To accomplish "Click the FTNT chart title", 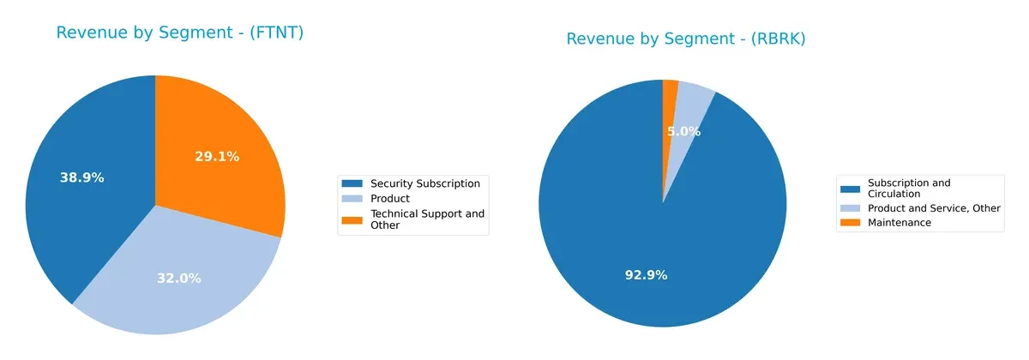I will coord(180,33).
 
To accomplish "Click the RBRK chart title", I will coord(686,39).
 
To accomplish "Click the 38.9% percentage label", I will coord(81,178).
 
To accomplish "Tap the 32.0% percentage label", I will coord(178,278).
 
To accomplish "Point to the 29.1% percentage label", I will coord(217,157).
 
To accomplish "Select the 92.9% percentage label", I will coord(645,275).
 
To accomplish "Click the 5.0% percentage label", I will coord(683,132).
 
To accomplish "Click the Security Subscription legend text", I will coord(424,183).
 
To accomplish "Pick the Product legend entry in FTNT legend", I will coord(389,199).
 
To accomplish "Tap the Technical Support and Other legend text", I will coord(427,219).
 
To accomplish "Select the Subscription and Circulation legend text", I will coord(909,188).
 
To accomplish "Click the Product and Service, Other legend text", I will coord(934,208).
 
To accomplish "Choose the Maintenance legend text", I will coord(899,223).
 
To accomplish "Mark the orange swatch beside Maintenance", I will coord(851,223).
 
